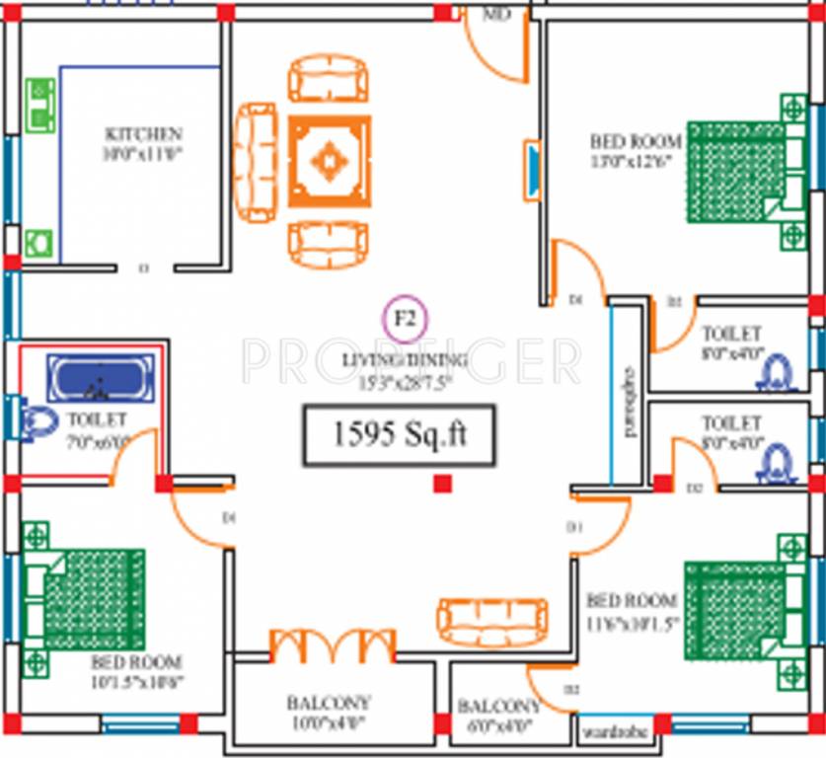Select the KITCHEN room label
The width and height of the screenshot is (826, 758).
[x=143, y=134]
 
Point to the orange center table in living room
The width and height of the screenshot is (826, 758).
[x=330, y=161]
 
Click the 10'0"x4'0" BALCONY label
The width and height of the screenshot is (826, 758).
[x=329, y=704]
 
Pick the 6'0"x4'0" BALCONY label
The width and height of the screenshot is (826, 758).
[x=498, y=707]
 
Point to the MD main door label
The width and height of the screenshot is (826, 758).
[x=495, y=16]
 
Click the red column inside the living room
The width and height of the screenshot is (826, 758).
[x=443, y=484]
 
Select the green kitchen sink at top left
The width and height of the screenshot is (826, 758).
[x=39, y=105]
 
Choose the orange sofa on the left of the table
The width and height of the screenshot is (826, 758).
[x=255, y=163]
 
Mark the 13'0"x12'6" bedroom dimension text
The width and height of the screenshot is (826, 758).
[x=631, y=161]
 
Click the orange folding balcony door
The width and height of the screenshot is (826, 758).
[x=333, y=645]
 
